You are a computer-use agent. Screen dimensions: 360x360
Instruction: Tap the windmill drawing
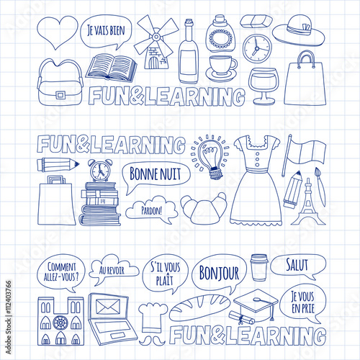[x=156, y=43]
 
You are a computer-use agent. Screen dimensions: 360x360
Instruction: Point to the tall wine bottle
[x=189, y=52]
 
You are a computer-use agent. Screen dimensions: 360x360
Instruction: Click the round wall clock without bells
[x=256, y=48]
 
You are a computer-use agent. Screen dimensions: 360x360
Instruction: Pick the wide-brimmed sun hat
[x=299, y=31]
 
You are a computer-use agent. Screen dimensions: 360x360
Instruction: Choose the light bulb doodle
[x=210, y=157]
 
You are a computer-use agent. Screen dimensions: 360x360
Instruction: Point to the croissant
[x=204, y=208]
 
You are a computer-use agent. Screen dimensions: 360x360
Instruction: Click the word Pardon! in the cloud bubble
[x=151, y=211]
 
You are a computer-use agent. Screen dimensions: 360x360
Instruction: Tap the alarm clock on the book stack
[x=100, y=170]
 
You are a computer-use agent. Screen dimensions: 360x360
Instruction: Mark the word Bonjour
[x=219, y=273]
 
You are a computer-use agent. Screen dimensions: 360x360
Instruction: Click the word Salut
[x=297, y=265]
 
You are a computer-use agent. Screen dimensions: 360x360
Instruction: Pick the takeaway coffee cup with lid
[x=259, y=268]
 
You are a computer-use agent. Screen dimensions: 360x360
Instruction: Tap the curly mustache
[x=152, y=340]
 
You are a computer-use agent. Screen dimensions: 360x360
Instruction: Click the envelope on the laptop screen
[x=108, y=307]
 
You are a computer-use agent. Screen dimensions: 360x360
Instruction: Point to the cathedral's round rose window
[x=60, y=323]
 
